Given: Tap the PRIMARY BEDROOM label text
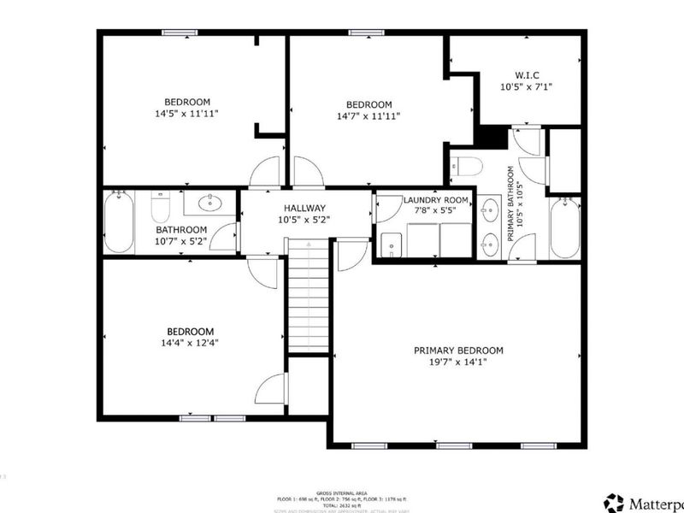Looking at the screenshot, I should (458, 351).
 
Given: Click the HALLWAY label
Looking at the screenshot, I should (305, 208).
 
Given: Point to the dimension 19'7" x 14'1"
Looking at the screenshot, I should (458, 363).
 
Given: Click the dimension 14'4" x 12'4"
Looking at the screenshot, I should (190, 344).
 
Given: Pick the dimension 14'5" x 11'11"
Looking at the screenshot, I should (187, 113).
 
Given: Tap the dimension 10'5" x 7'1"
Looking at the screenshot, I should (525, 86).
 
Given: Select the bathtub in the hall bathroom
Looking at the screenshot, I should (119, 222).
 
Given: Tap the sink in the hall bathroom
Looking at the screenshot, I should (209, 203).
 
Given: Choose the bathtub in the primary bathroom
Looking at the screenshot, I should (565, 227).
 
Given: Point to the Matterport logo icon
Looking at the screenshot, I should (613, 502).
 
